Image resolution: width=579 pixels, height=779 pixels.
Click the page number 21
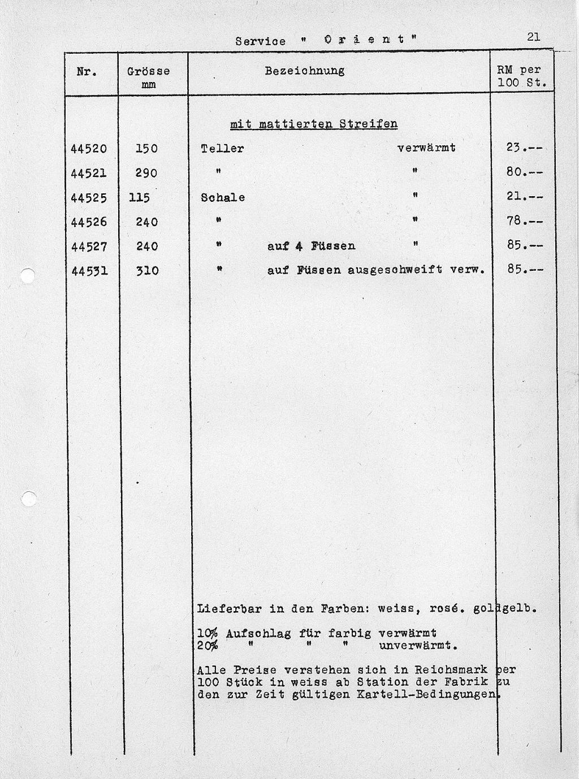point(533,37)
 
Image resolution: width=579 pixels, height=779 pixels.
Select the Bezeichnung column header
point(305,71)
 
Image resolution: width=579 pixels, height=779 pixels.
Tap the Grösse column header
point(148,72)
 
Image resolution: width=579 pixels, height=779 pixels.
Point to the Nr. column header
point(87,72)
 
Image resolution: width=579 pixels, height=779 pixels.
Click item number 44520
point(89,149)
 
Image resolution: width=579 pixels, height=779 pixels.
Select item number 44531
point(89,271)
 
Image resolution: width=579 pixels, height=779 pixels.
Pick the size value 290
point(146,173)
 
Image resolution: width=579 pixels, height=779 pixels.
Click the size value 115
point(139,198)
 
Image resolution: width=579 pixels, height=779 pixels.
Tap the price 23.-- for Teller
point(524,148)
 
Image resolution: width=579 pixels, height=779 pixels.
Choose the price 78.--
point(524,221)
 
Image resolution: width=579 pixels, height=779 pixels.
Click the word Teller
point(222,149)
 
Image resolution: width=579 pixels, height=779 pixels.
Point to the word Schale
point(223,198)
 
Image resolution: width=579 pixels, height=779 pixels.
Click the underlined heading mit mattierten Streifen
point(314,124)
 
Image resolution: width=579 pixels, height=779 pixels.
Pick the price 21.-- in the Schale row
point(524,197)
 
